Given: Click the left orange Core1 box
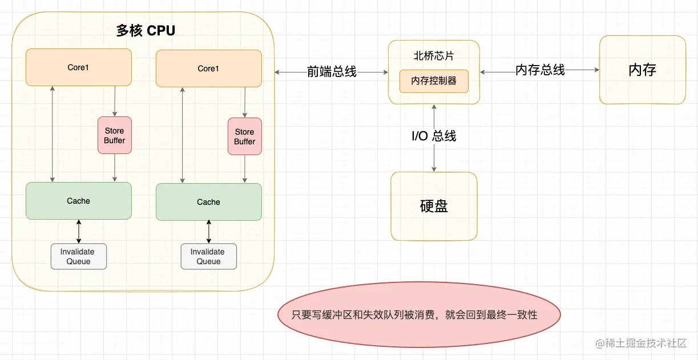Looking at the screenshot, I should (x=79, y=67).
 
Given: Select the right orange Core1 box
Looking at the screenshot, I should (x=208, y=68).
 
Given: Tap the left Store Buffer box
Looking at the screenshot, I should (x=115, y=135).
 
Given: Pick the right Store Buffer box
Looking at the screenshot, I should (x=245, y=136).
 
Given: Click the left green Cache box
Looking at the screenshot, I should (x=79, y=201).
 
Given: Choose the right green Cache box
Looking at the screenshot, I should (x=208, y=202).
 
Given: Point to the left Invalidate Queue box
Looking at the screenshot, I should (x=79, y=256).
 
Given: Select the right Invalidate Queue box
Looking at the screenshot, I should (x=208, y=256).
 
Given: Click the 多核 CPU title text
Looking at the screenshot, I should (x=146, y=31).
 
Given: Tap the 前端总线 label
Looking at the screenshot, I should (x=332, y=72).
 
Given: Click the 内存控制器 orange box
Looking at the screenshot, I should (x=434, y=81).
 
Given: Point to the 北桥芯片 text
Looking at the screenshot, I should (x=434, y=56).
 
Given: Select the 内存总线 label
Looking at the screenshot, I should (x=540, y=70).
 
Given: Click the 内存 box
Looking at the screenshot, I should (x=642, y=70).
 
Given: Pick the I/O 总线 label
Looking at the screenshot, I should (x=434, y=136).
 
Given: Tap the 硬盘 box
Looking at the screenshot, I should (x=434, y=206).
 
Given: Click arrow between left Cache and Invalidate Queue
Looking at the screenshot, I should (x=79, y=231).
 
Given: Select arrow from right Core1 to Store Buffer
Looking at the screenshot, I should (x=245, y=102).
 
